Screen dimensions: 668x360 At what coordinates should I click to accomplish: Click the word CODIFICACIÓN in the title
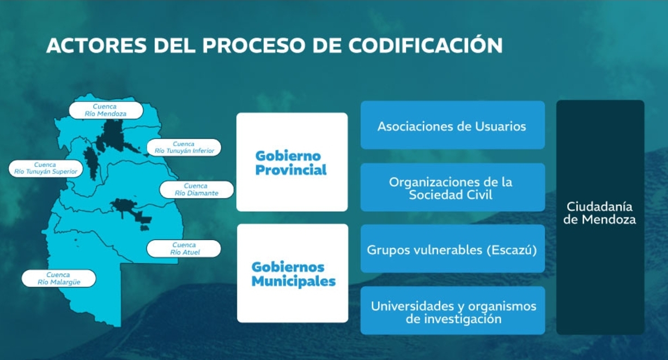(x=426, y=45)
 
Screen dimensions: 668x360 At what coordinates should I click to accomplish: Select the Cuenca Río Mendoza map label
(x=106, y=110)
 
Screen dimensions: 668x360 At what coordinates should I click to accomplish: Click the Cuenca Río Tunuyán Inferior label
(x=184, y=148)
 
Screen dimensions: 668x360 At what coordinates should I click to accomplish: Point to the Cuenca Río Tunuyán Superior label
(x=46, y=168)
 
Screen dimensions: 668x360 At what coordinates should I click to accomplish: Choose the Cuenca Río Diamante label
(x=197, y=190)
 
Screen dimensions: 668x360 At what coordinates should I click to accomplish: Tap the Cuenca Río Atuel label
(x=184, y=248)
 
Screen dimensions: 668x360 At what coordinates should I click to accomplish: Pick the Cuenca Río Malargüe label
(x=59, y=278)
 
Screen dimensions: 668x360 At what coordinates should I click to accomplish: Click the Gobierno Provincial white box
(x=292, y=162)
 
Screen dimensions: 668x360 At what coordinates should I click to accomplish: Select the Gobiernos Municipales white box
(x=293, y=273)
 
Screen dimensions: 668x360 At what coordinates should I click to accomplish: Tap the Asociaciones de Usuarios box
(x=453, y=125)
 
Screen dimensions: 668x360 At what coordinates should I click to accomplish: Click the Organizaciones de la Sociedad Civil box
(x=453, y=187)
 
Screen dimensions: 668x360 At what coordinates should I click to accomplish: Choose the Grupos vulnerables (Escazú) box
(x=453, y=249)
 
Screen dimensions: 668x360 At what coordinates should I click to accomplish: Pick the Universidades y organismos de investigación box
(x=453, y=310)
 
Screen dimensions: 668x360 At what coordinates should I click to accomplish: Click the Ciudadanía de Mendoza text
(x=600, y=213)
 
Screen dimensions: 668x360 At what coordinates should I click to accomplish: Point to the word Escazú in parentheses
(x=512, y=250)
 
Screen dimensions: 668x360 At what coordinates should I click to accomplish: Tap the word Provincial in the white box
(x=291, y=170)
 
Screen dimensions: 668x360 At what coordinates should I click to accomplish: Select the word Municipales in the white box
(x=294, y=282)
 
